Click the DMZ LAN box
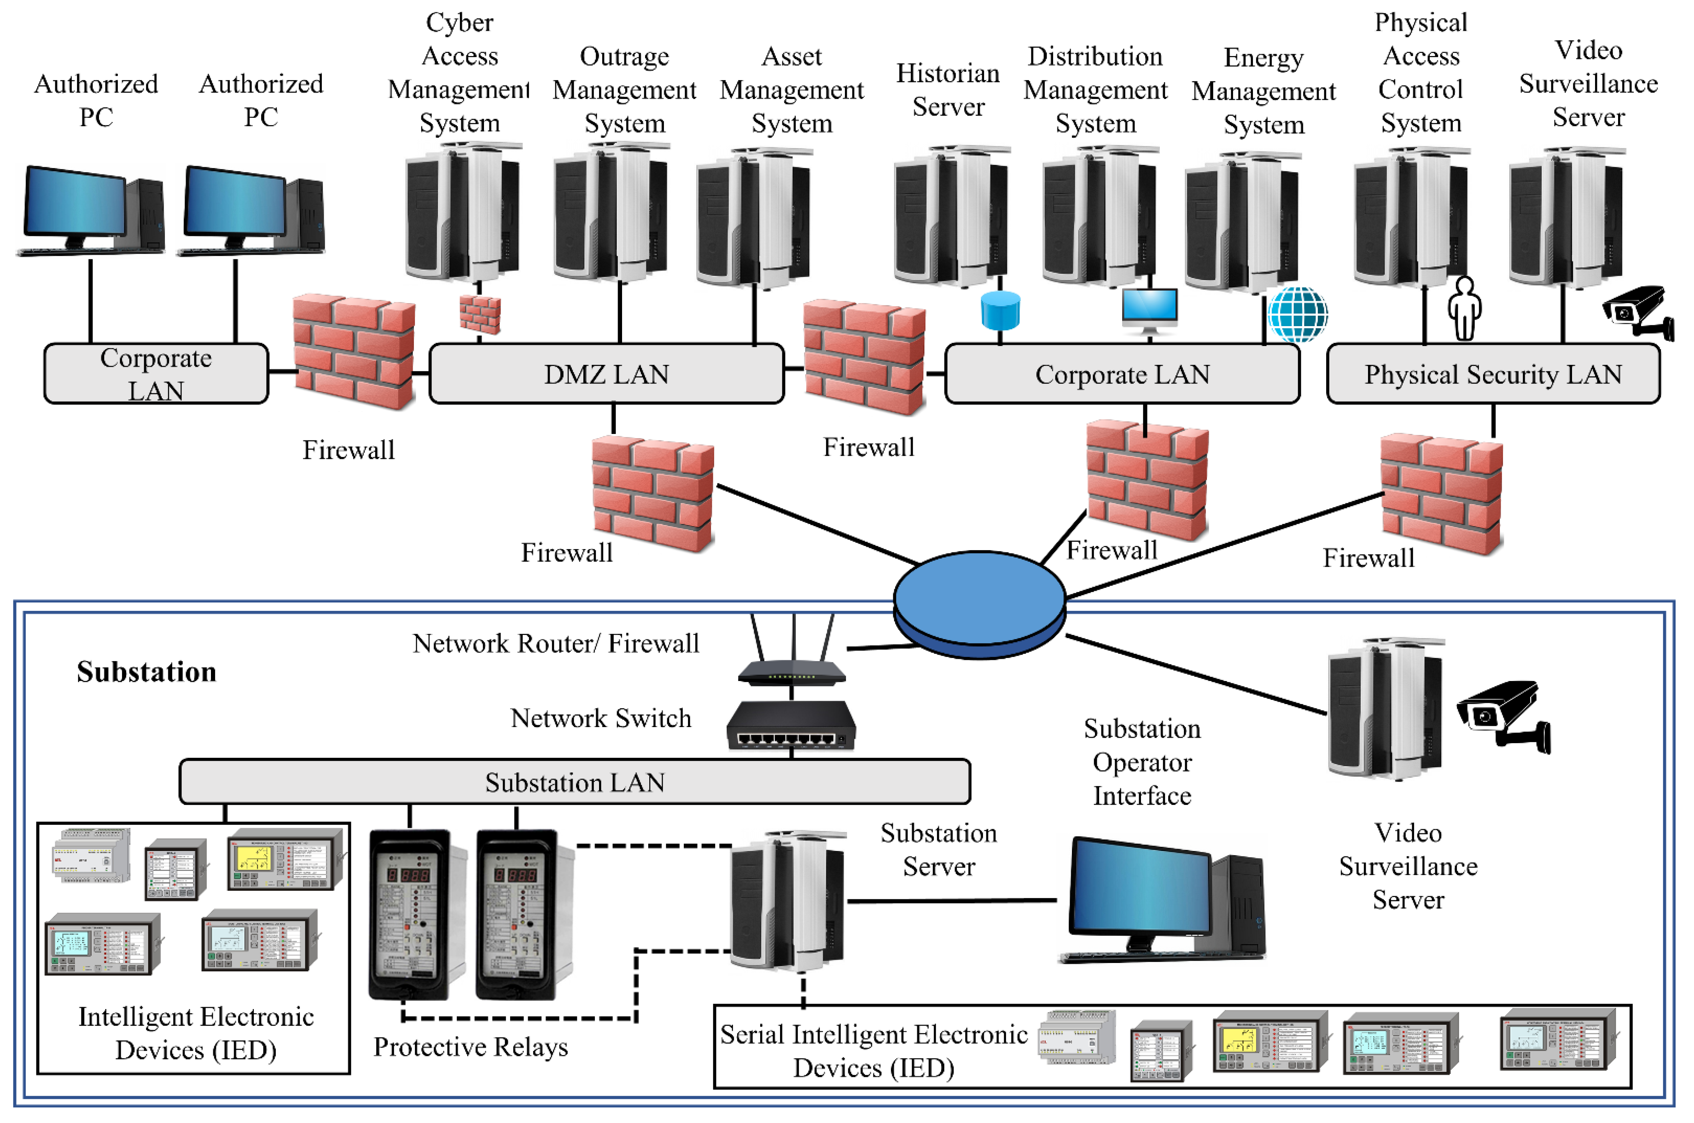pyautogui.click(x=606, y=374)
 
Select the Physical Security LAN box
pyautogui.click(x=1492, y=374)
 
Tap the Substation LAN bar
pyautogui.click(x=574, y=782)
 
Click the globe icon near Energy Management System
pyautogui.click(x=1297, y=314)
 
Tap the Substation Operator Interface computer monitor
pyautogui.click(x=1138, y=888)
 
